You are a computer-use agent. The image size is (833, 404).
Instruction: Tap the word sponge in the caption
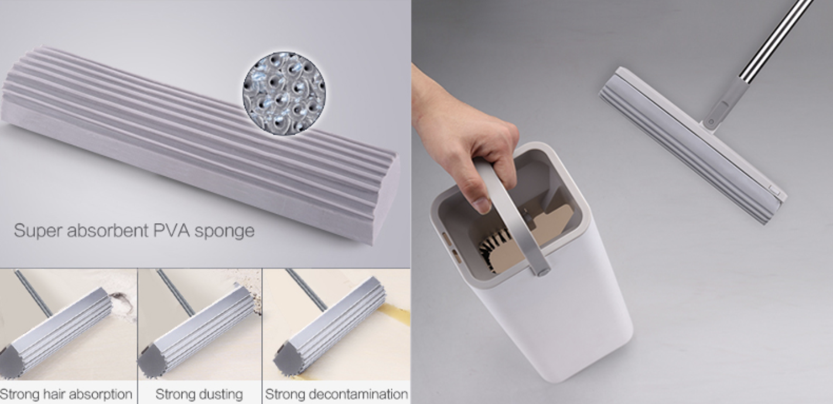click(224, 232)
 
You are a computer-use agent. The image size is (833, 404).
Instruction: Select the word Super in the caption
click(38, 231)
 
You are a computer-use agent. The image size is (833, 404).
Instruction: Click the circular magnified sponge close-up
click(284, 93)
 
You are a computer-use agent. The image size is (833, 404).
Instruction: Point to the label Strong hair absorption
click(66, 394)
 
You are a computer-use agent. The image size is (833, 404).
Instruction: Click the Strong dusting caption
click(199, 394)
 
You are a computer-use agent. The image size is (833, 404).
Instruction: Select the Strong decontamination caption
click(336, 394)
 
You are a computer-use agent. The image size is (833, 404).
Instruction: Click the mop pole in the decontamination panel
click(306, 290)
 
